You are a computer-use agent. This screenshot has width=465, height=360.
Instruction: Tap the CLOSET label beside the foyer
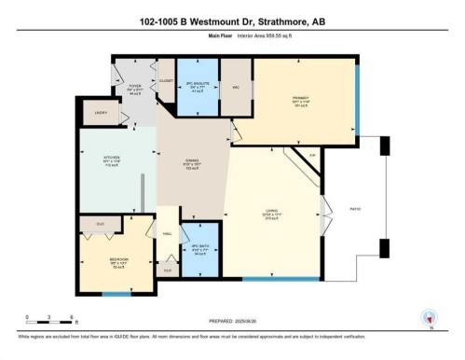[x=166, y=81]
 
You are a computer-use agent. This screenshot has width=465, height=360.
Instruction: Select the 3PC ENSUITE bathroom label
[x=197, y=81]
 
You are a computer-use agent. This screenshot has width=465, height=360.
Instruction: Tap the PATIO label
[x=353, y=208]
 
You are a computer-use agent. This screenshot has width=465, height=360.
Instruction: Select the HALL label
[x=168, y=234]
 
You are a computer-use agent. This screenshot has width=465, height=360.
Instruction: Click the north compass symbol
[x=429, y=317]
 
